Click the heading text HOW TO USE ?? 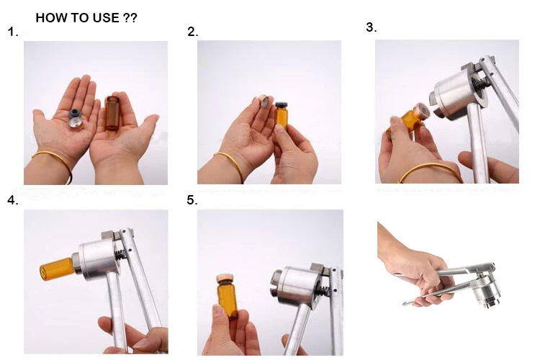tap(86, 17)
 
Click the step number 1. tap(13, 32)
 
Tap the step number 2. tap(193, 32)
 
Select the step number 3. tap(372, 27)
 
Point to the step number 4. tap(13, 200)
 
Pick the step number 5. tap(192, 200)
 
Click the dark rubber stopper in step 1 tap(75, 114)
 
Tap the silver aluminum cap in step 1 tap(76, 123)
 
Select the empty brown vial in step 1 tap(112, 113)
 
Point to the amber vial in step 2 tap(282, 115)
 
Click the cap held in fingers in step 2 tap(264, 101)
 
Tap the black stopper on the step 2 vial tap(282, 104)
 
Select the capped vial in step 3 tap(410, 119)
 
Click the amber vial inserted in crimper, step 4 tap(57, 269)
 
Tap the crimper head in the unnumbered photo tap(486, 292)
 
